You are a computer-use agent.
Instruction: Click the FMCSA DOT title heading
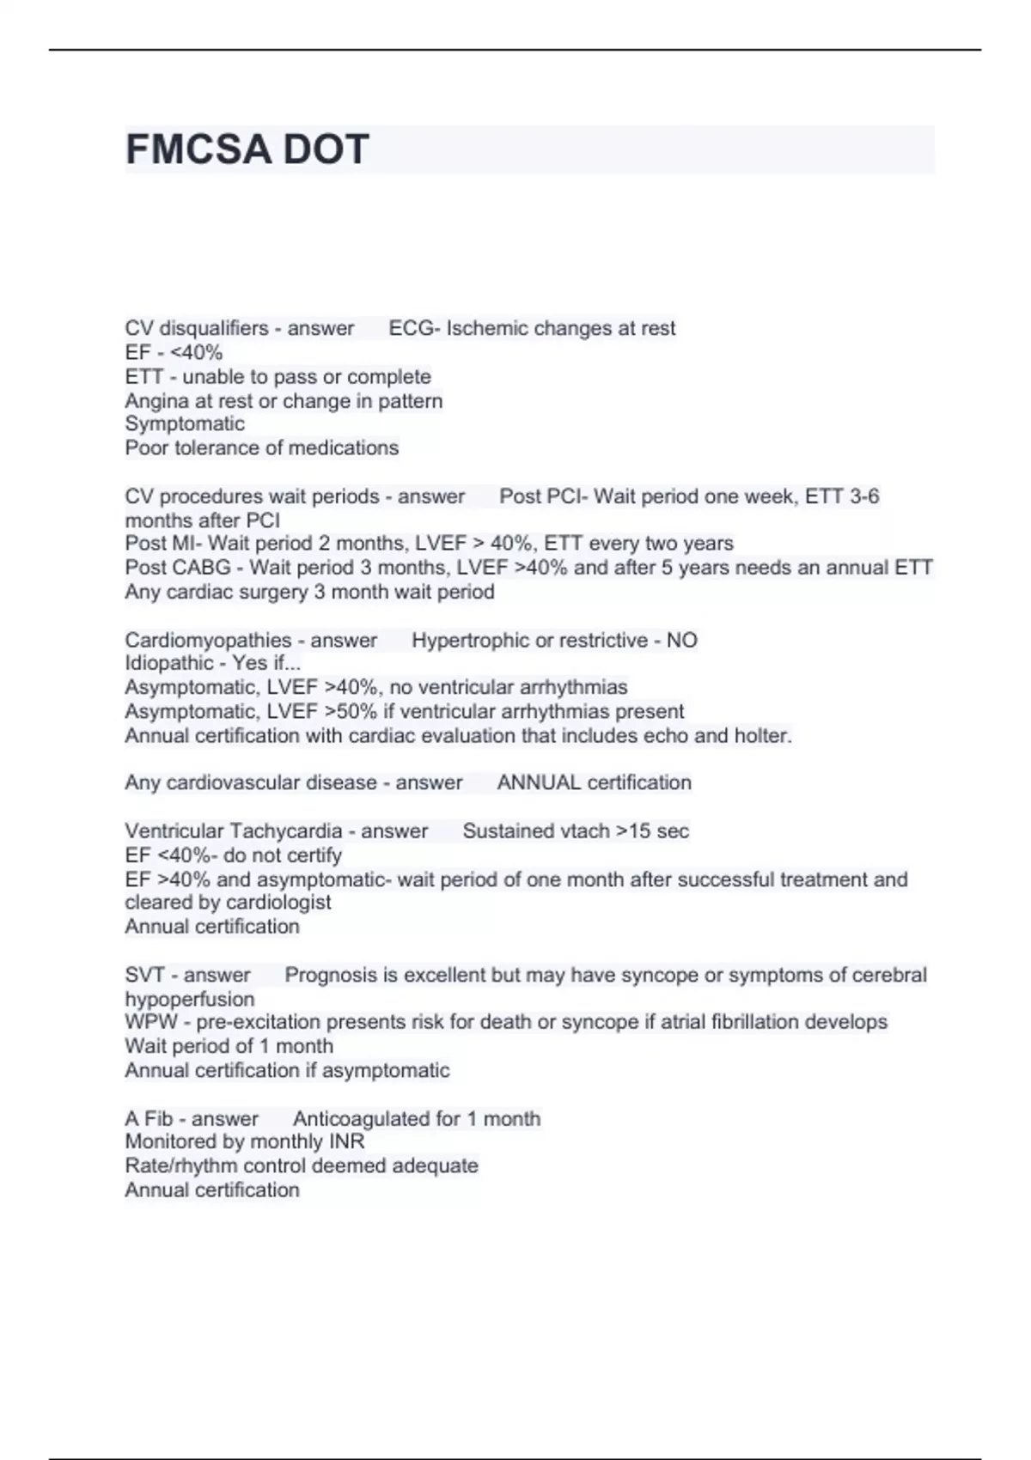click(x=247, y=149)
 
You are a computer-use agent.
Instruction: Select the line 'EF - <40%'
click(x=174, y=352)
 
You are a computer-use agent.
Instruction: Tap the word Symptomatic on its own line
click(x=185, y=423)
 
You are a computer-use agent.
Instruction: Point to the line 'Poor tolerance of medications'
click(x=262, y=447)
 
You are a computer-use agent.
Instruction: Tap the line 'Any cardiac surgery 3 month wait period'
click(x=309, y=592)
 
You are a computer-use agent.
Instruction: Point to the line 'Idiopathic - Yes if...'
click(x=213, y=663)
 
